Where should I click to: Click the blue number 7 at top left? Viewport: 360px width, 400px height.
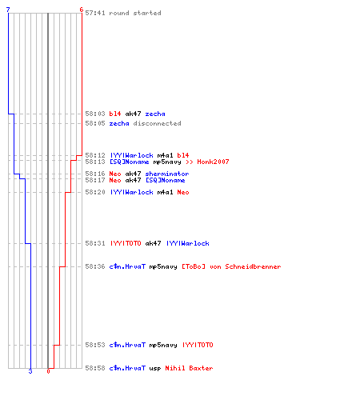(x=8, y=10)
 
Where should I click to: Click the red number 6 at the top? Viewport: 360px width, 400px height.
(x=82, y=10)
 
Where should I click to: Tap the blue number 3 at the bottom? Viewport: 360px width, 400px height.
(x=30, y=371)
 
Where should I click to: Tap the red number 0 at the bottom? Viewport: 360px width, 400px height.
(x=48, y=371)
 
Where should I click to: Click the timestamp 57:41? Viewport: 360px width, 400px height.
(x=95, y=13)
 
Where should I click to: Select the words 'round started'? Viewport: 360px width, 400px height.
(x=135, y=13)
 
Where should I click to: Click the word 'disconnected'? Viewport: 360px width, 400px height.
(x=158, y=123)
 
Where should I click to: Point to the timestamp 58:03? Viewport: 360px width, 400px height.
(x=95, y=114)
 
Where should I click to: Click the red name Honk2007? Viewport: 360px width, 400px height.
(x=213, y=162)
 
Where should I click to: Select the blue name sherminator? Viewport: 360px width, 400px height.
(x=167, y=174)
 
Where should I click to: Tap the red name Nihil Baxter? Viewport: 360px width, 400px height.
(x=189, y=368)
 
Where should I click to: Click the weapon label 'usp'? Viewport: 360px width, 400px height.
(x=155, y=369)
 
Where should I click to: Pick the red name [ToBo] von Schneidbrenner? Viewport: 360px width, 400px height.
(x=231, y=266)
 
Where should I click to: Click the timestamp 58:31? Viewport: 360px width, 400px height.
(x=95, y=243)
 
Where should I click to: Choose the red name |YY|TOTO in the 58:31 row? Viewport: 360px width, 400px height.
(x=126, y=243)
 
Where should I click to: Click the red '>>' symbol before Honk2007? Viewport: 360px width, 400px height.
(x=190, y=162)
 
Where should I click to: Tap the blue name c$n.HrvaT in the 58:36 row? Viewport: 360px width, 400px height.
(x=127, y=266)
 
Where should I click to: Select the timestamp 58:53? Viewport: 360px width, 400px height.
(x=95, y=345)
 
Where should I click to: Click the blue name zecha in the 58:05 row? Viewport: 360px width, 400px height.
(x=119, y=123)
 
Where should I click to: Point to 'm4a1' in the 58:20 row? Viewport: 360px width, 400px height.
(x=165, y=192)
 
